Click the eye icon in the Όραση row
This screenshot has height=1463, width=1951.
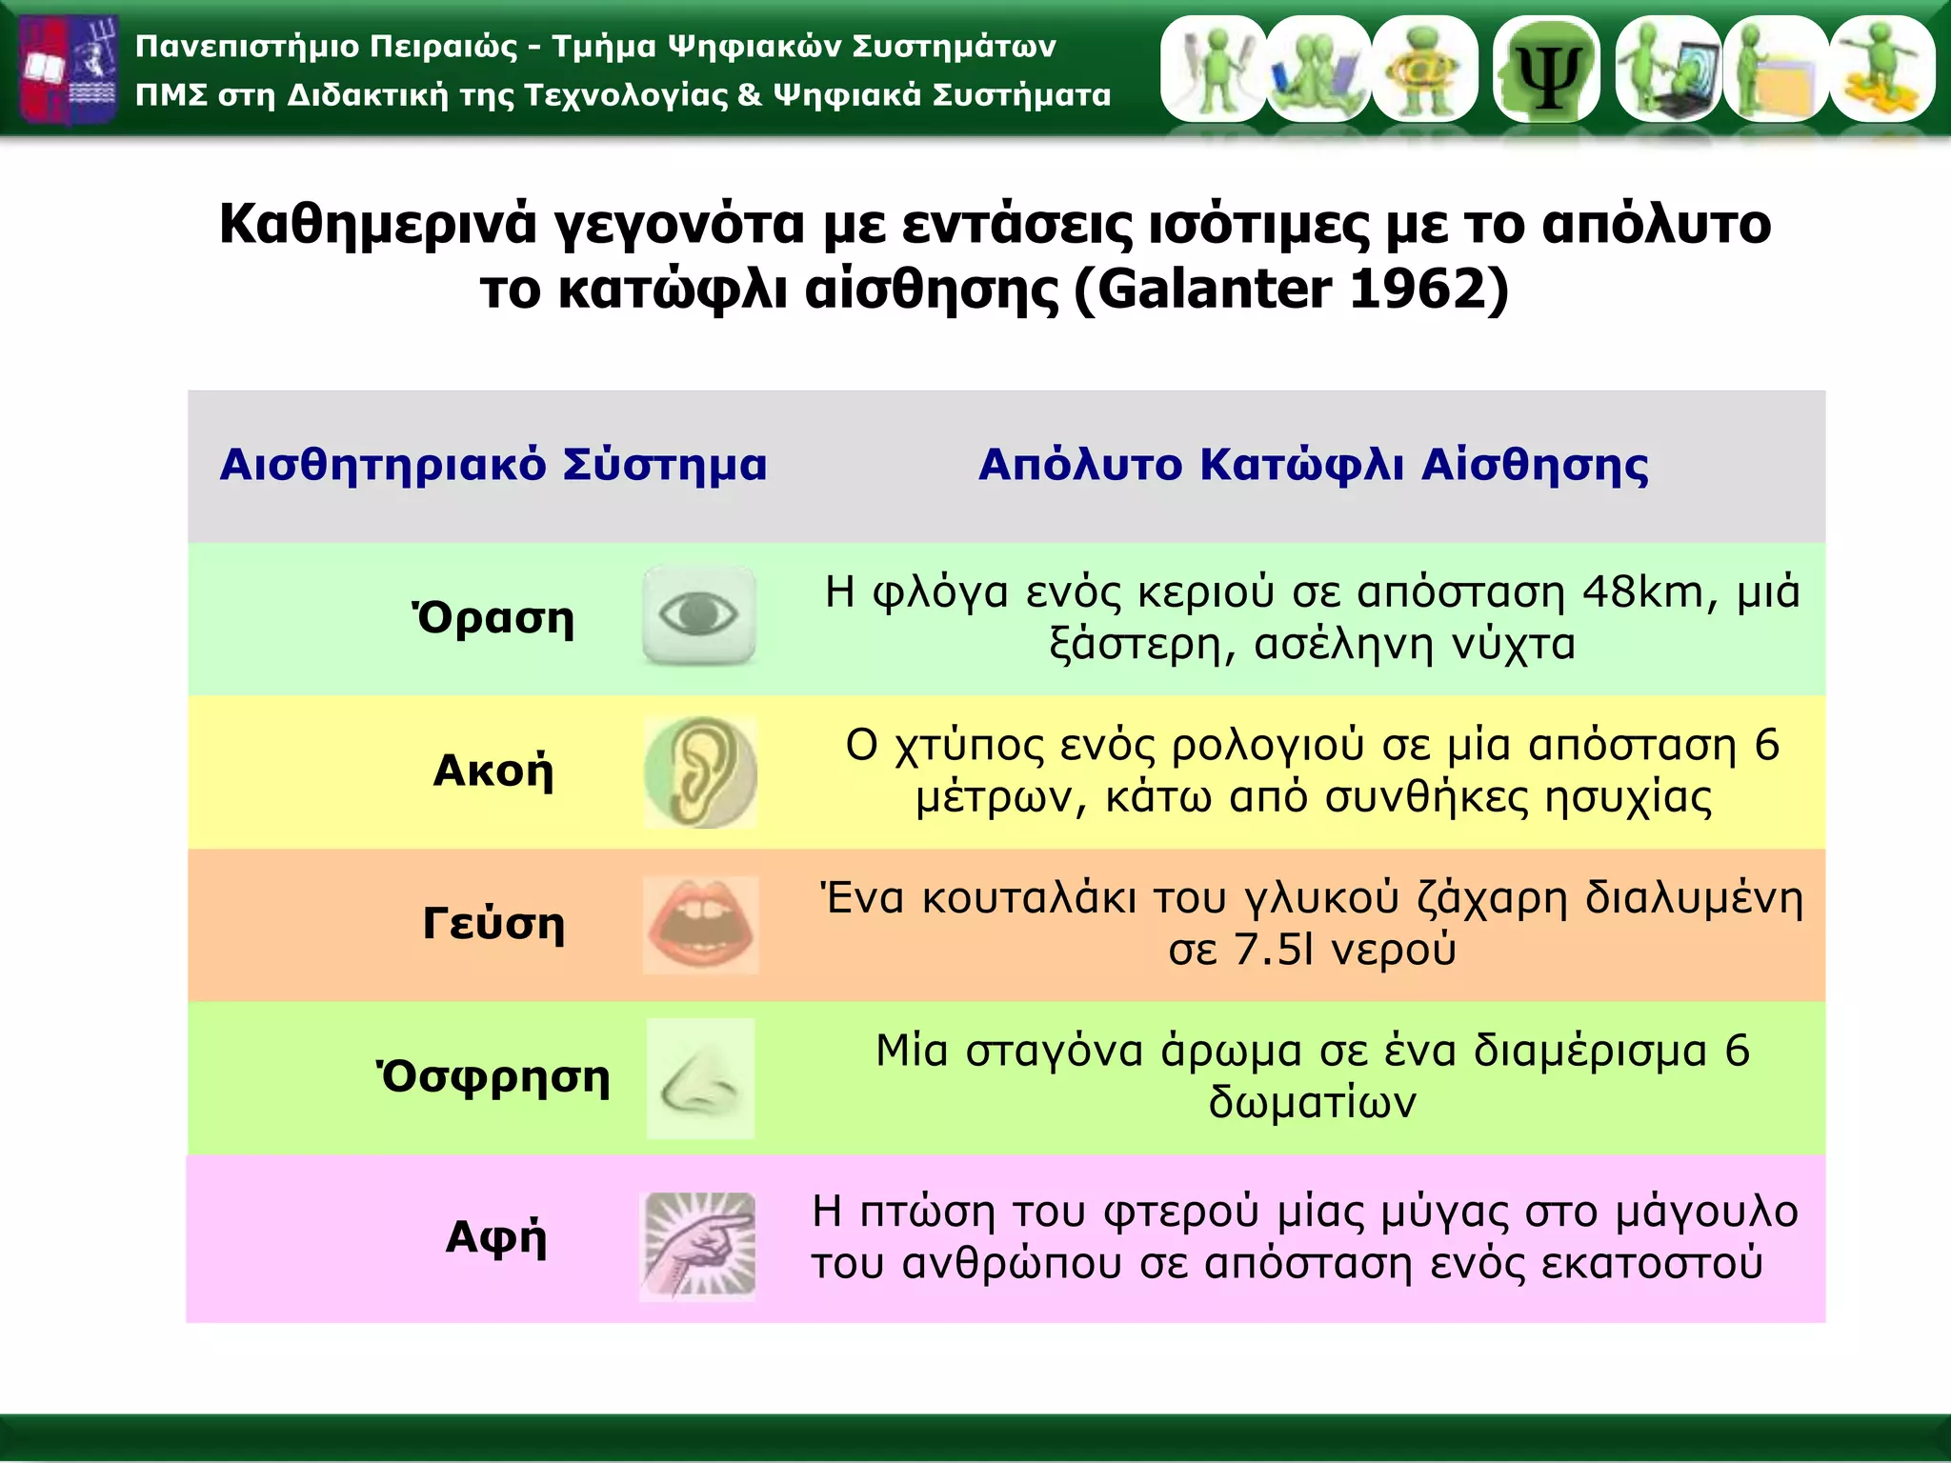coord(698,615)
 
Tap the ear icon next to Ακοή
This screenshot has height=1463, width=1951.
coord(700,772)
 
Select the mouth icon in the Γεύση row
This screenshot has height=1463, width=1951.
coord(700,925)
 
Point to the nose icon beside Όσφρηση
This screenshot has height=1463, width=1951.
coord(700,1078)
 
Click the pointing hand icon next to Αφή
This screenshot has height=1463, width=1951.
coord(698,1246)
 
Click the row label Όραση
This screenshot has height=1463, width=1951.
coord(493,619)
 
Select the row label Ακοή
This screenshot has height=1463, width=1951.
coord(493,771)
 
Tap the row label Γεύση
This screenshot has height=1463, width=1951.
coord(493,924)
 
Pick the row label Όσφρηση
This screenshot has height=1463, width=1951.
coord(493,1077)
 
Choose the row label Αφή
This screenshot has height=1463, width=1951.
coord(496,1237)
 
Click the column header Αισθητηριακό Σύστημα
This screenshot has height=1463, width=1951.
coord(493,465)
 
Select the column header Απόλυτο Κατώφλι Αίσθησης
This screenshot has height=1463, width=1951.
coord(1313,465)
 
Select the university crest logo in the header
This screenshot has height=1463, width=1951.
coord(70,69)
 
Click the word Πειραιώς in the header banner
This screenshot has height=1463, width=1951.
coord(444,46)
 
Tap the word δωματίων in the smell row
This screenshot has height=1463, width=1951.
coord(1312,1103)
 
